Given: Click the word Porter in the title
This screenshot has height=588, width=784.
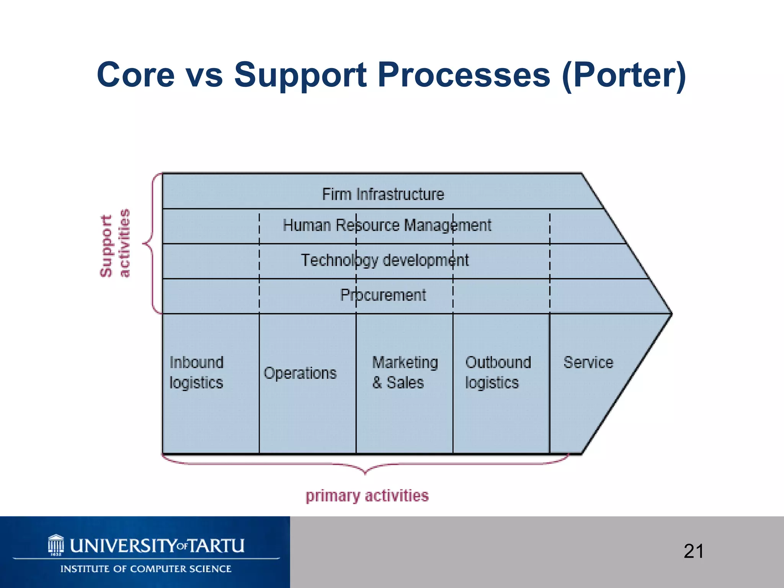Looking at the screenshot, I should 624,75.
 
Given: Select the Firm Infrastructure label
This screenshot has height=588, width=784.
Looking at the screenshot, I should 383,194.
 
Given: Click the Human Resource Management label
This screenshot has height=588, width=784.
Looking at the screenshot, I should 387,225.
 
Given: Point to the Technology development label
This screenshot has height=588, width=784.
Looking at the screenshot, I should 384,260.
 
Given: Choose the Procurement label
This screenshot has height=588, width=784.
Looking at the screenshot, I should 383,295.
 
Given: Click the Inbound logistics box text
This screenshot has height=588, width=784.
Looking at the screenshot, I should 196,372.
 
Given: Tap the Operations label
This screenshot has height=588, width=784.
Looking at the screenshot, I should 300,373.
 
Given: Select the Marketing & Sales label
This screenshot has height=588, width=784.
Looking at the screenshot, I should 404,372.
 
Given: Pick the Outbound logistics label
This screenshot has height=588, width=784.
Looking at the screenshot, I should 498,372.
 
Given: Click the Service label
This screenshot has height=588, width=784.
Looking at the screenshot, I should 588,362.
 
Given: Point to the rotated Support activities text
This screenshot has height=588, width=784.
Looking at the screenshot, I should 115,243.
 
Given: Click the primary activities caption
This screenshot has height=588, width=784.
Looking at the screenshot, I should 367,496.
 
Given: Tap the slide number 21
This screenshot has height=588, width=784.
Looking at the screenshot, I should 693,552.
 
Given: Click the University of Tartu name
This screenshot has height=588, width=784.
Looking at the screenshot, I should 157,546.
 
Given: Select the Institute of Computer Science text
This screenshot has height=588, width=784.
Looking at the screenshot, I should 145,569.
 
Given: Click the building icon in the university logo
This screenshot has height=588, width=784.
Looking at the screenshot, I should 56,544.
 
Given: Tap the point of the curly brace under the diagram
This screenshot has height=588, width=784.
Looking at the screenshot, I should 365,474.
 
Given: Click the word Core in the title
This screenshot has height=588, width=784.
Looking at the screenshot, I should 136,75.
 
